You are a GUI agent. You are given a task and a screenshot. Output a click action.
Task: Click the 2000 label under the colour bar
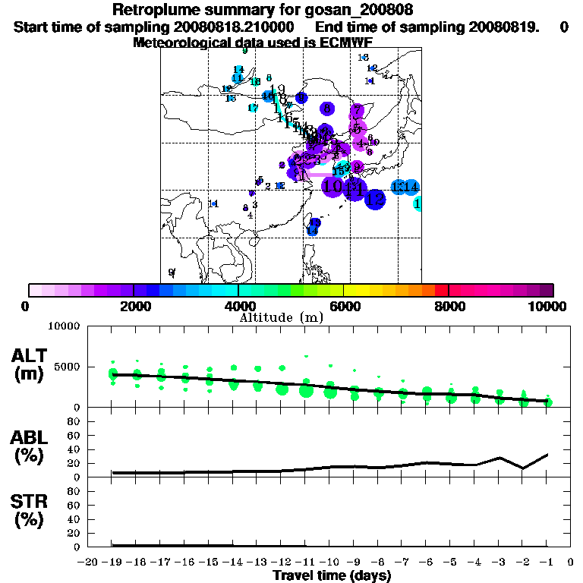[x=134, y=306]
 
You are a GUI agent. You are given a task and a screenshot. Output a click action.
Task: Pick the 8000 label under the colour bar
[x=449, y=306]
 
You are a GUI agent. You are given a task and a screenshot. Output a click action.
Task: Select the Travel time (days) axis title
[x=332, y=575]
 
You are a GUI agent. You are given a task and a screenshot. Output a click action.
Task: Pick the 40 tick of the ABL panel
[x=75, y=449]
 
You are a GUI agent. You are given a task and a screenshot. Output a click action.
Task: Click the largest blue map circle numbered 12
[x=375, y=199]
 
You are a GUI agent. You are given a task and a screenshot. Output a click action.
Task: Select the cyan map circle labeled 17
[x=253, y=108]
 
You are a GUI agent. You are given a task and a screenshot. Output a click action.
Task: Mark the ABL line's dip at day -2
[x=523, y=468]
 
